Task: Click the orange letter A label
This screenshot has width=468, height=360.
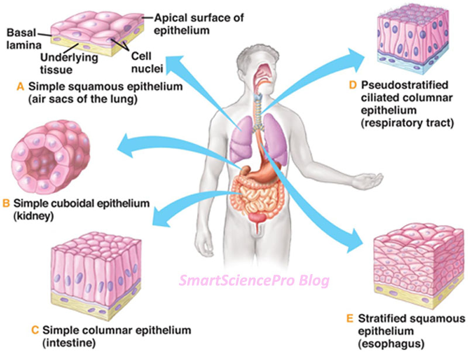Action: [20, 86]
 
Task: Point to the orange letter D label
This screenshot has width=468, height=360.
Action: [352, 85]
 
